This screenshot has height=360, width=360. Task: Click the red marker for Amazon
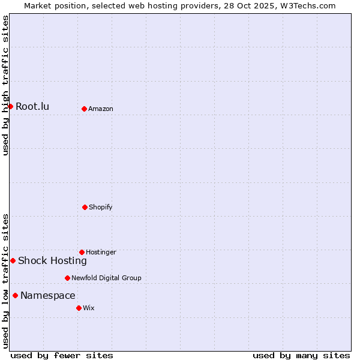pos(84,109)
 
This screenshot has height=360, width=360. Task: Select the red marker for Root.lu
pos(10,106)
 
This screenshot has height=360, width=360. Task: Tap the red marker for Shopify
pos(85,207)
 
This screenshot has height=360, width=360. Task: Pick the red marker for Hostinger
pos(82,252)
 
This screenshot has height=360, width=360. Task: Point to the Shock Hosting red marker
pos(13,260)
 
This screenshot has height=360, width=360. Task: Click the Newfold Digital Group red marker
pos(67,278)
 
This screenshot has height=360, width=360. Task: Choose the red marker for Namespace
pos(15,295)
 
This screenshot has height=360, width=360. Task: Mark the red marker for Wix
pos(79,308)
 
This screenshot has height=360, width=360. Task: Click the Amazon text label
pos(101,109)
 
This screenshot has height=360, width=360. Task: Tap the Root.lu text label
pos(32,107)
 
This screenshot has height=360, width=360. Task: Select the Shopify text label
pos(101,207)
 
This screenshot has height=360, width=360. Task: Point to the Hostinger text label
pos(101,252)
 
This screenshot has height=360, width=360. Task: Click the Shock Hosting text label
pos(52,260)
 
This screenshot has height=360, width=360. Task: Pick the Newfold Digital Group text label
pos(106,278)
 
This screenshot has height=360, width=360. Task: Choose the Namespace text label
pos(48,295)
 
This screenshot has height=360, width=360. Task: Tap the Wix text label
pos(89,308)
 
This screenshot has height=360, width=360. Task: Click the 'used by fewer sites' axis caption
pos(62,355)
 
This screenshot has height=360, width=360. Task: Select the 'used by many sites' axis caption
pos(301,355)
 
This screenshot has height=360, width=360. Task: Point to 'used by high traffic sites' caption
pos(5,85)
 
